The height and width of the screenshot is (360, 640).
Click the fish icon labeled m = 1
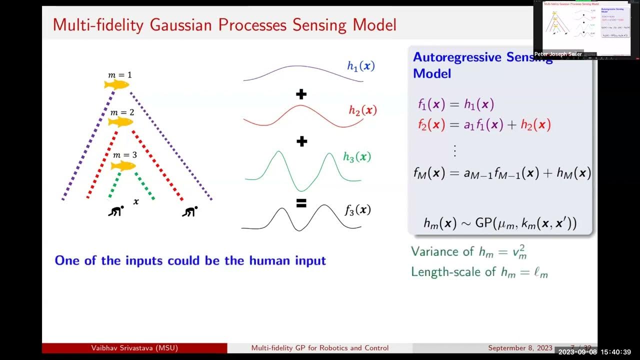click(x=116, y=84)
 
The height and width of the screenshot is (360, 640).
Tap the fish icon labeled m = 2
click(x=120, y=122)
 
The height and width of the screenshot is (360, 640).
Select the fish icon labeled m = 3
click(x=123, y=165)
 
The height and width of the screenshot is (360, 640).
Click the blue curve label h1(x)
click(x=360, y=65)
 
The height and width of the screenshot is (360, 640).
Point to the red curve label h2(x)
click(x=362, y=110)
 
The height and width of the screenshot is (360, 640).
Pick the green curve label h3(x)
click(x=357, y=157)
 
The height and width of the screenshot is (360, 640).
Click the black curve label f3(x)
click(x=357, y=209)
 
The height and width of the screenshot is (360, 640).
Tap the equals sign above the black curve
click(x=301, y=203)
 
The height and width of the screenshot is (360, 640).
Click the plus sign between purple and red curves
click(x=301, y=94)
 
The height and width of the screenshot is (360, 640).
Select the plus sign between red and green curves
click(x=301, y=141)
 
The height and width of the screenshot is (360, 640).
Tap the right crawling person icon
click(x=189, y=211)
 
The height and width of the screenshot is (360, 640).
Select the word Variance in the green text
click(x=435, y=251)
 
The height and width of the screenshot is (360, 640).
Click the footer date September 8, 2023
click(x=520, y=348)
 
